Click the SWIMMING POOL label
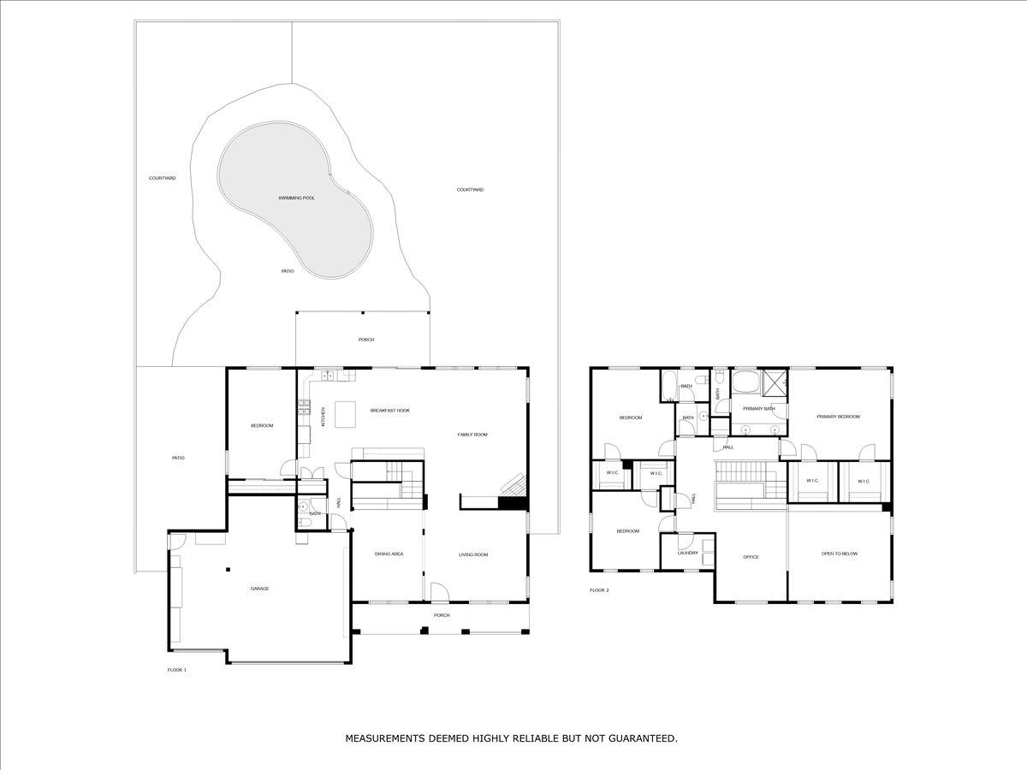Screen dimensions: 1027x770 click(x=297, y=198)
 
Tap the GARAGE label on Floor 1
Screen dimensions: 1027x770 click(x=259, y=589)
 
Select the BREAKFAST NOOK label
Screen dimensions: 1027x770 click(x=389, y=411)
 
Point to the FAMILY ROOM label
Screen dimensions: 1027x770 click(x=472, y=435)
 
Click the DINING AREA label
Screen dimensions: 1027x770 click(x=389, y=554)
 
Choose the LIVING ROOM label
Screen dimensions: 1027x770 click(x=473, y=554)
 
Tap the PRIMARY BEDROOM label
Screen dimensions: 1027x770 click(x=838, y=417)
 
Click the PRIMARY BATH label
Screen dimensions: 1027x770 click(x=759, y=409)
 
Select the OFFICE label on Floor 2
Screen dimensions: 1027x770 click(x=751, y=557)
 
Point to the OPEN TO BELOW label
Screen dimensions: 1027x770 click(x=840, y=554)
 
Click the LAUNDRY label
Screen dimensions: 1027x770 click(x=687, y=553)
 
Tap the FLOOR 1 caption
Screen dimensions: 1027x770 click(x=177, y=670)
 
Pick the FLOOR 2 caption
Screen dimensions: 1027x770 click(x=599, y=590)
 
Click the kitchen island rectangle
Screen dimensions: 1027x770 click(x=345, y=414)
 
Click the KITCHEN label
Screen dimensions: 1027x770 click(x=323, y=417)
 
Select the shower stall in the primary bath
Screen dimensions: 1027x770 click(x=775, y=383)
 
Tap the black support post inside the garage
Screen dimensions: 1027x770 click(x=228, y=569)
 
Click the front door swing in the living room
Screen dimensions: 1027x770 click(x=440, y=591)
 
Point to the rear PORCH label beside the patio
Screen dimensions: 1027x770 click(x=366, y=340)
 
